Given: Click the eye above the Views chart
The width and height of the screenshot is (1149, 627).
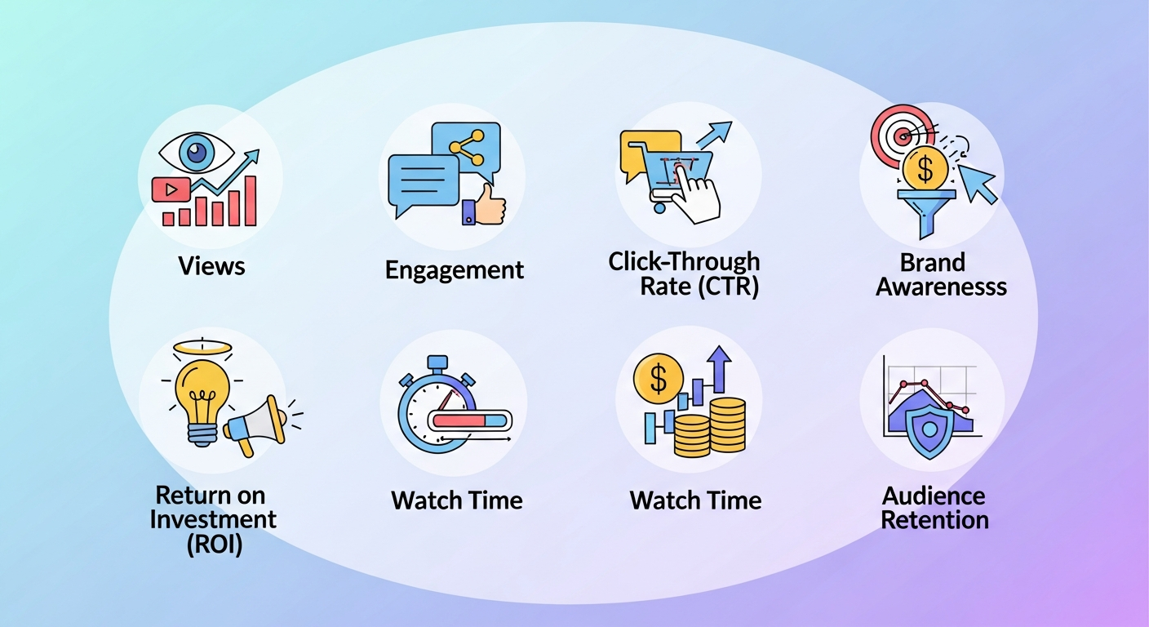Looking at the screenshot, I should (196, 152).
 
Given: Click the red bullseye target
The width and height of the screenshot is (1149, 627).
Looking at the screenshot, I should (902, 132).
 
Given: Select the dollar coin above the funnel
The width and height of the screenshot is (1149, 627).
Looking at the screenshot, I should (925, 169).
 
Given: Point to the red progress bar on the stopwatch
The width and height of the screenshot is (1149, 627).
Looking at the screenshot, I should (461, 420).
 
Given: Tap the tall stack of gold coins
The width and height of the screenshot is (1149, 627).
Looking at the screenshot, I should (726, 425).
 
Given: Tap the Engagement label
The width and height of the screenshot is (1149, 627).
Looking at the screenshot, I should (455, 270).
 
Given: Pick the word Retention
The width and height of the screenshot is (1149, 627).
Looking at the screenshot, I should (935, 520).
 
